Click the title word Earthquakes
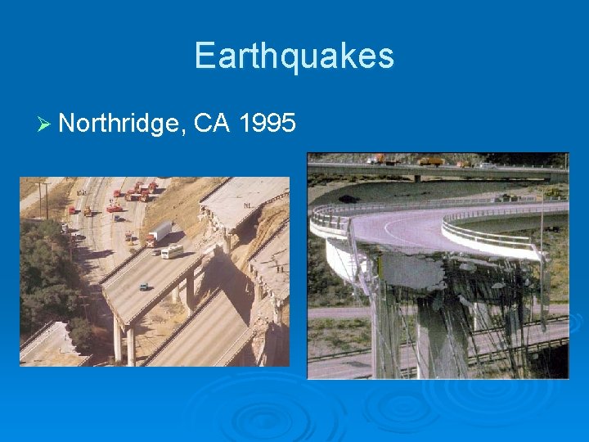pos(294,56)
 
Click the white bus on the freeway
pos(172,250)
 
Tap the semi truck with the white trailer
pos(160,233)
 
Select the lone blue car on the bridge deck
pos(144,286)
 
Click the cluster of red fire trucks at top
pos(135,192)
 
